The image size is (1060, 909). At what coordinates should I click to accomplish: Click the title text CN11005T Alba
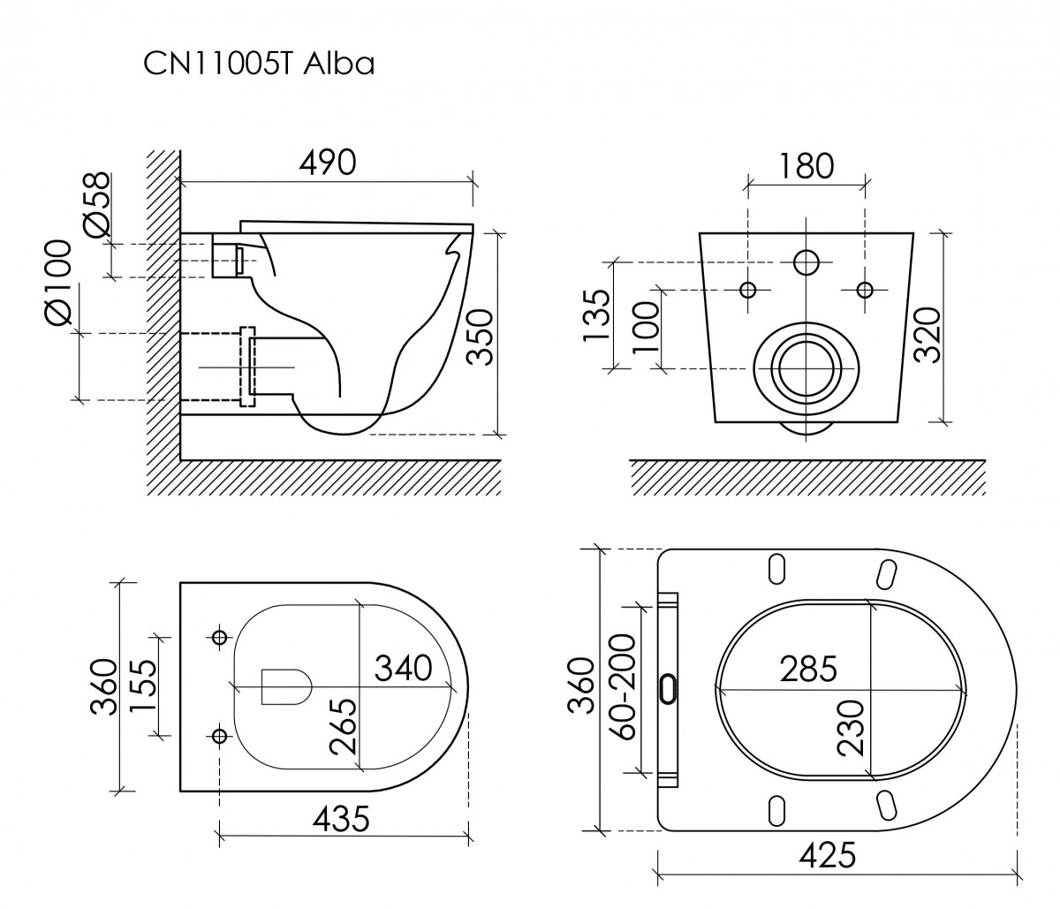tap(258, 64)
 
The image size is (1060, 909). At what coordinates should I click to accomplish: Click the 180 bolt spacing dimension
tap(806, 165)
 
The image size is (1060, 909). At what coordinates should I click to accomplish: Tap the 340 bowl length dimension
tap(403, 667)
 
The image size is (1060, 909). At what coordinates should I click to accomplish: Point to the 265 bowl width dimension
tap(344, 725)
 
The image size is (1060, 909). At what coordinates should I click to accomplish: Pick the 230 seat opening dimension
tap(850, 726)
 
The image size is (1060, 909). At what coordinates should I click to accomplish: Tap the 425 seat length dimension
tap(827, 854)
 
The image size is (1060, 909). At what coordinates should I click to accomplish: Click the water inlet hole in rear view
tap(806, 262)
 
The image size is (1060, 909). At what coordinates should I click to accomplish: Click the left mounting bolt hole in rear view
tap(748, 290)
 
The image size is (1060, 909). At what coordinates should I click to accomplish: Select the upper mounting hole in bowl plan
tap(219, 636)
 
